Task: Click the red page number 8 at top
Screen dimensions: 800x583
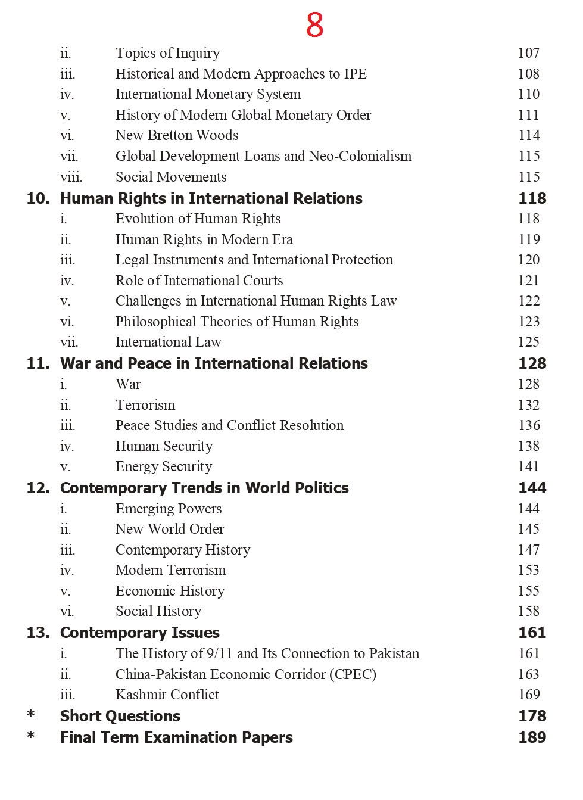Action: pos(314,25)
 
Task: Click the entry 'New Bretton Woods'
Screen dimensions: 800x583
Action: pos(177,136)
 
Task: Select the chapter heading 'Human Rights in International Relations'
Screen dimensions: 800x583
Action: pos(211,198)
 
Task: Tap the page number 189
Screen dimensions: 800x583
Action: pos(532,737)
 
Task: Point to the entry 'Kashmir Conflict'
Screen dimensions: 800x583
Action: pos(167,695)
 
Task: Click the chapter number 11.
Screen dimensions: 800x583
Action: pos(38,363)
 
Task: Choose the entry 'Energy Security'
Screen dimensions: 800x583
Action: pos(164,466)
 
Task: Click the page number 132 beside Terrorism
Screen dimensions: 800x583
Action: pos(529,405)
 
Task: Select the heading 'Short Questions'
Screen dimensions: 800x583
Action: pos(120,716)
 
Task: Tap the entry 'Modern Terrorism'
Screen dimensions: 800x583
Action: pos(171,570)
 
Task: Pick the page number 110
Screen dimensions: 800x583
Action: pos(529,94)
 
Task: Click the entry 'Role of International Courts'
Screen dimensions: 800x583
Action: pos(199,281)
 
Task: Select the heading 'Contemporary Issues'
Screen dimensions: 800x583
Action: pos(140,633)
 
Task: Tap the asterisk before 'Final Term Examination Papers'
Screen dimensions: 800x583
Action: pos(31,736)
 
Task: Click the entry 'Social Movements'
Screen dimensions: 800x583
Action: pos(171,177)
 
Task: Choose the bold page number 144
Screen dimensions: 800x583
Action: pos(532,488)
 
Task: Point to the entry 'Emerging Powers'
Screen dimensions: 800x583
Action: pos(169,509)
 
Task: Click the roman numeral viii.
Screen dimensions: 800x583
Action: pos(71,178)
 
